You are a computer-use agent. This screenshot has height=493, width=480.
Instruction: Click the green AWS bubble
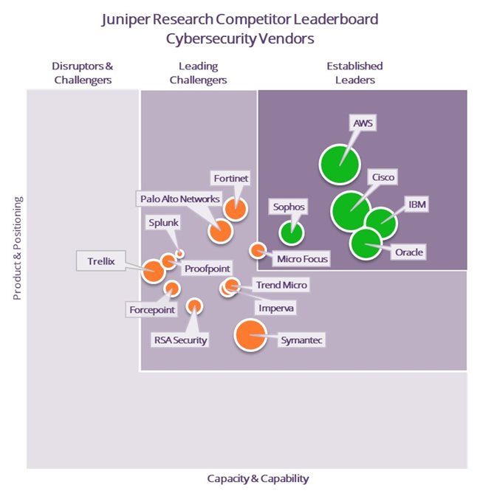339,163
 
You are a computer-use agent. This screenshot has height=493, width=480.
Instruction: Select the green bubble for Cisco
351,212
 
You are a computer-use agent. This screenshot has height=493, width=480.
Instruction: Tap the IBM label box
416,204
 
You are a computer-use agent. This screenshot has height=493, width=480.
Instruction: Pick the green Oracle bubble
365,244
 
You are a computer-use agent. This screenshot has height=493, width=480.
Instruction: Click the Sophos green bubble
292,232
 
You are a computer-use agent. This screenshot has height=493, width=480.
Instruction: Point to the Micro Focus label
302,258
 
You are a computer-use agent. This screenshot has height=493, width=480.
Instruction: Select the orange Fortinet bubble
235,209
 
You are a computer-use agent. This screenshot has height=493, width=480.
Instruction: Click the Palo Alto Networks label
179,199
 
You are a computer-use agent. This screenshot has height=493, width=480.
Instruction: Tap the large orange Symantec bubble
250,335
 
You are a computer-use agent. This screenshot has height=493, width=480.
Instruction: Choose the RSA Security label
179,340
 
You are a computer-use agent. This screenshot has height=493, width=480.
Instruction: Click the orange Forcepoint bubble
171,288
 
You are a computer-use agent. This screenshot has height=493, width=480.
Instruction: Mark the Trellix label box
101,260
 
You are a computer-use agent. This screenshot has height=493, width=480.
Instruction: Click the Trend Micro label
281,285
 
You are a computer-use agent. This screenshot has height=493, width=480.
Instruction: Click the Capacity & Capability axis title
258,478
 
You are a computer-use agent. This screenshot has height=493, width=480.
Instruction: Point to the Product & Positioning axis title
17,248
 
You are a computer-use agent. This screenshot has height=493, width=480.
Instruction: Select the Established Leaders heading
354,73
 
